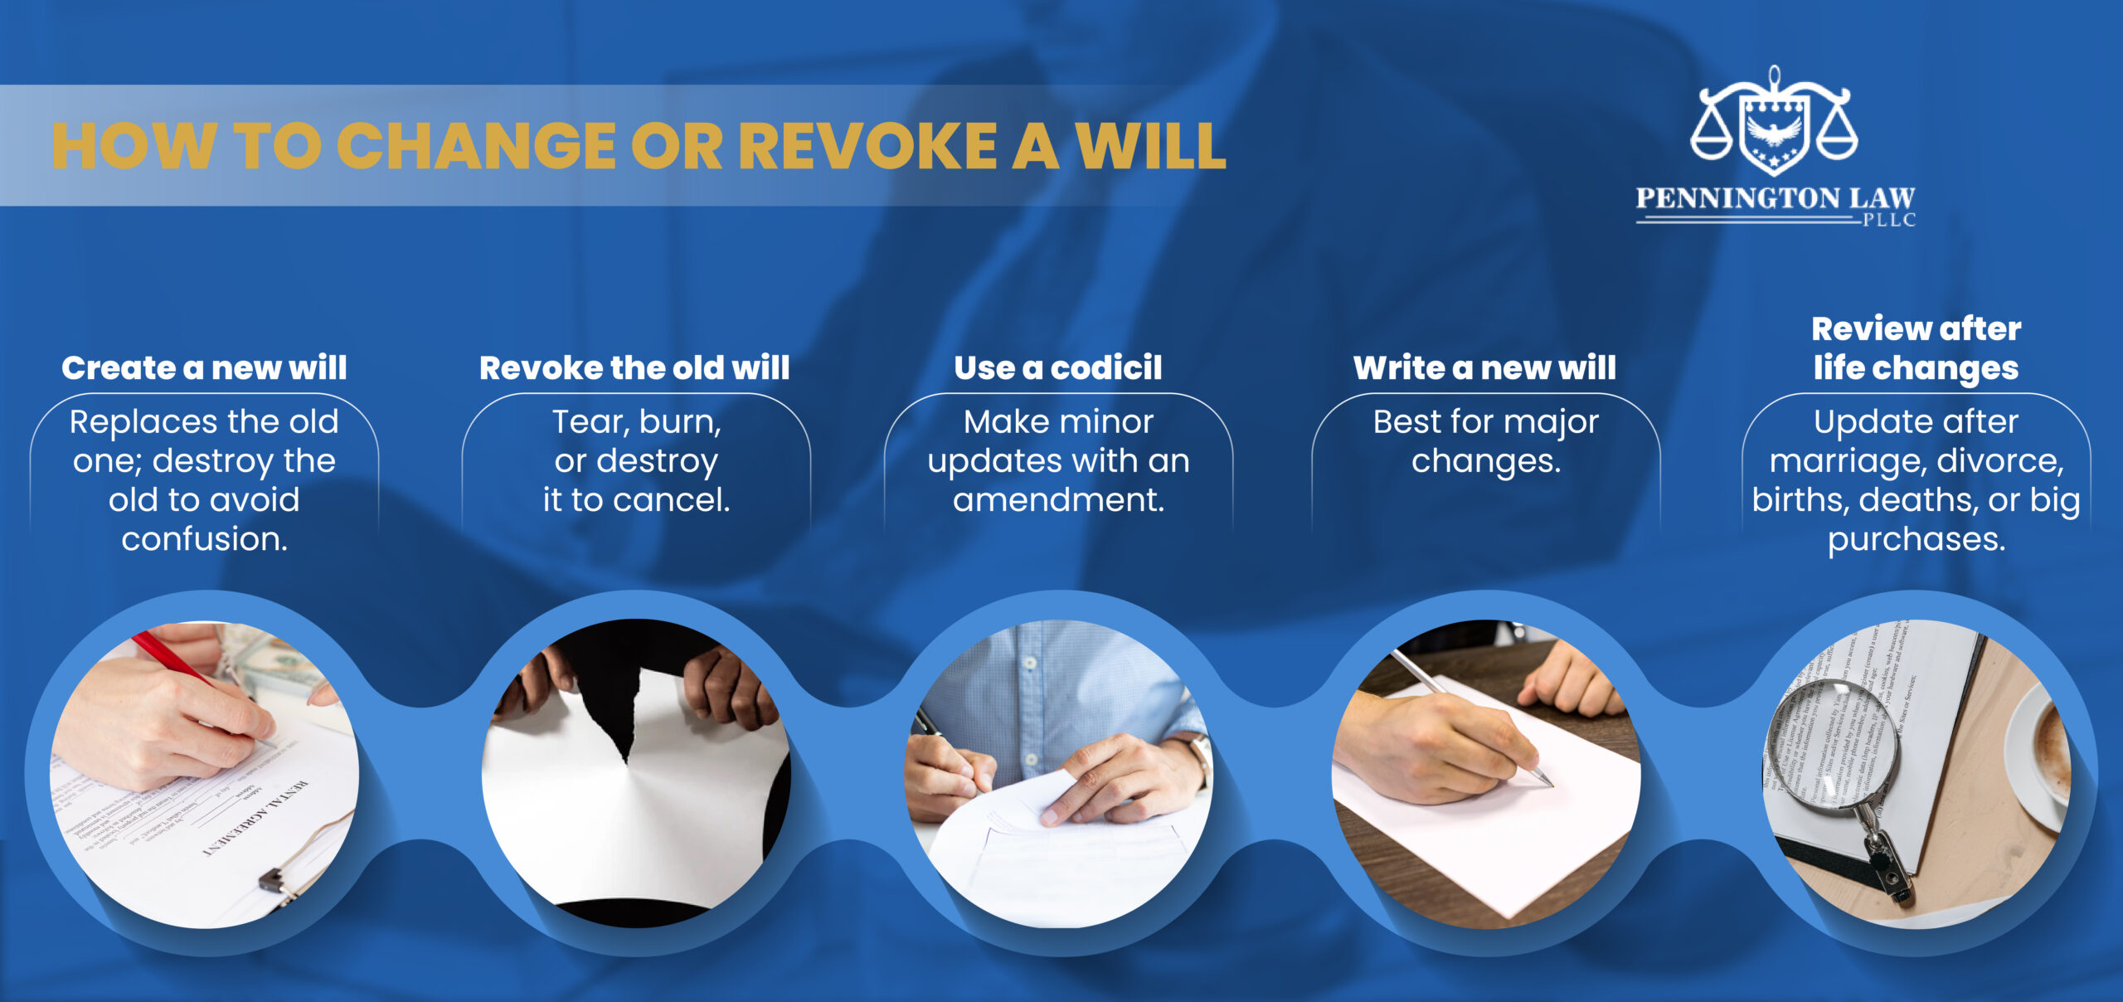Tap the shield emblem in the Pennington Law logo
pos(1774,133)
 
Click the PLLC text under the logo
pos(1889,220)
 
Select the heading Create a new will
pos(204,367)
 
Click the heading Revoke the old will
pos(634,367)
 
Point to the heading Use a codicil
pos(1058,367)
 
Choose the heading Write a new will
pos(1484,367)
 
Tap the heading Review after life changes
pos(1916,348)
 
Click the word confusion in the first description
pos(204,539)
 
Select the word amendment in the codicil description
pos(1058,499)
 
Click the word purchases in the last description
pos(1916,539)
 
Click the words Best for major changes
pos(1485,440)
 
